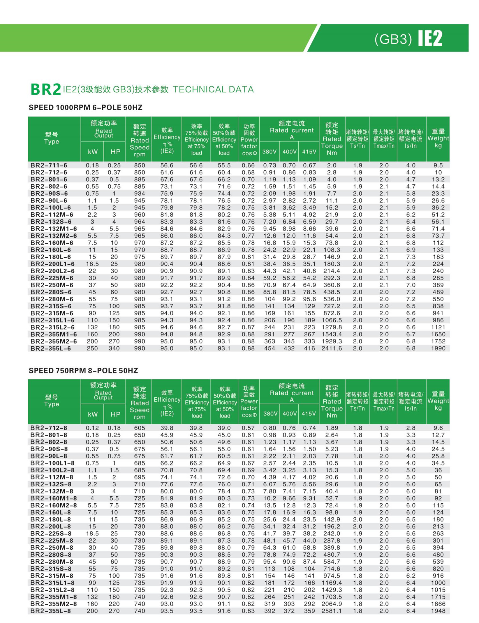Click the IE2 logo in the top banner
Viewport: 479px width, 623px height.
coord(430,38)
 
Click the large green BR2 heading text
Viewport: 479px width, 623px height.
coord(45,89)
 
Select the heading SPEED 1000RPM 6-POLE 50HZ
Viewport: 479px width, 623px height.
coord(85,108)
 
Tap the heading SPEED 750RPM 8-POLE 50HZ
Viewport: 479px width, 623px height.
coord(83,371)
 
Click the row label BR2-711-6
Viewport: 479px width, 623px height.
coord(49,165)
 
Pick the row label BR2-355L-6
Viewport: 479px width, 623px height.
coord(50,348)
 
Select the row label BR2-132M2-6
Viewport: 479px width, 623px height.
coord(54,236)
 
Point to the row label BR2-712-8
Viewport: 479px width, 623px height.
coord(49,428)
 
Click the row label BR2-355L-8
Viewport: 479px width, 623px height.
coord(50,611)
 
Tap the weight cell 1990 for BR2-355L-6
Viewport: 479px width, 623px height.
coord(438,348)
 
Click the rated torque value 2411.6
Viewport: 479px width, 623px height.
coord(332,348)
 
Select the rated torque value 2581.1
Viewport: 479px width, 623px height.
coord(332,611)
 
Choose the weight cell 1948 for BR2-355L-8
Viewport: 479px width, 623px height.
coord(438,611)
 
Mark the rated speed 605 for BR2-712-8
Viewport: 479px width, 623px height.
coord(140,428)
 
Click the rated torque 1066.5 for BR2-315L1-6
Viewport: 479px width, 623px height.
coord(332,320)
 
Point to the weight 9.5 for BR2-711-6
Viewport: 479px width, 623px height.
coord(438,165)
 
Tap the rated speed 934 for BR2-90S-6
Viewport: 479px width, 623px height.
coord(140,194)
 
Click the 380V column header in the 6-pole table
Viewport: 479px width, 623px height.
coord(269,152)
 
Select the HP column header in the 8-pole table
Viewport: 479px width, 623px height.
coord(115,414)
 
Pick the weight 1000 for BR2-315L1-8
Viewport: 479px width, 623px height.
coord(438,583)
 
